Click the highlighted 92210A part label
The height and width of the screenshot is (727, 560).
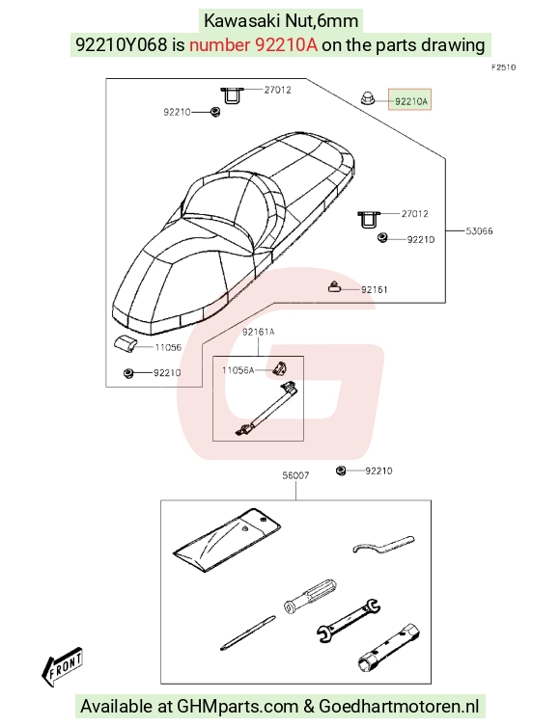click(x=409, y=99)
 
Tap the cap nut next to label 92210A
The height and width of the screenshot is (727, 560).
click(x=368, y=97)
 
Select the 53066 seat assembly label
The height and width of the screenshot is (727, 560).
click(x=479, y=230)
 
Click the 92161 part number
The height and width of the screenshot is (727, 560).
click(x=375, y=289)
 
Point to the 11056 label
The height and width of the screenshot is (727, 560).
click(x=168, y=347)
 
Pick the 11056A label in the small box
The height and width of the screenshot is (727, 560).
click(x=238, y=370)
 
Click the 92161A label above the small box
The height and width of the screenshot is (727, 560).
click(x=259, y=332)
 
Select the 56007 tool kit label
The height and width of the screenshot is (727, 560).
click(x=295, y=475)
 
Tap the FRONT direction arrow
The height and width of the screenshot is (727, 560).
click(x=62, y=666)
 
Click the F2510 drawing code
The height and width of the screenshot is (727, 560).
click(x=504, y=67)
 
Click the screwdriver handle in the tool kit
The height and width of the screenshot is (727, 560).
click(x=310, y=595)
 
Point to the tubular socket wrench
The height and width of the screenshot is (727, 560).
click(x=389, y=648)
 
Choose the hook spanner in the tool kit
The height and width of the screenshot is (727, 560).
click(x=383, y=545)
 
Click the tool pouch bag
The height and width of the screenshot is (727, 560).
click(x=227, y=540)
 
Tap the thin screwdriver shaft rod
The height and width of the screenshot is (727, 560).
click(x=247, y=633)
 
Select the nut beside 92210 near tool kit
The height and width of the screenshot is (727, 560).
click(x=341, y=471)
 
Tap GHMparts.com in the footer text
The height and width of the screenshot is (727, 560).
click(x=238, y=706)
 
